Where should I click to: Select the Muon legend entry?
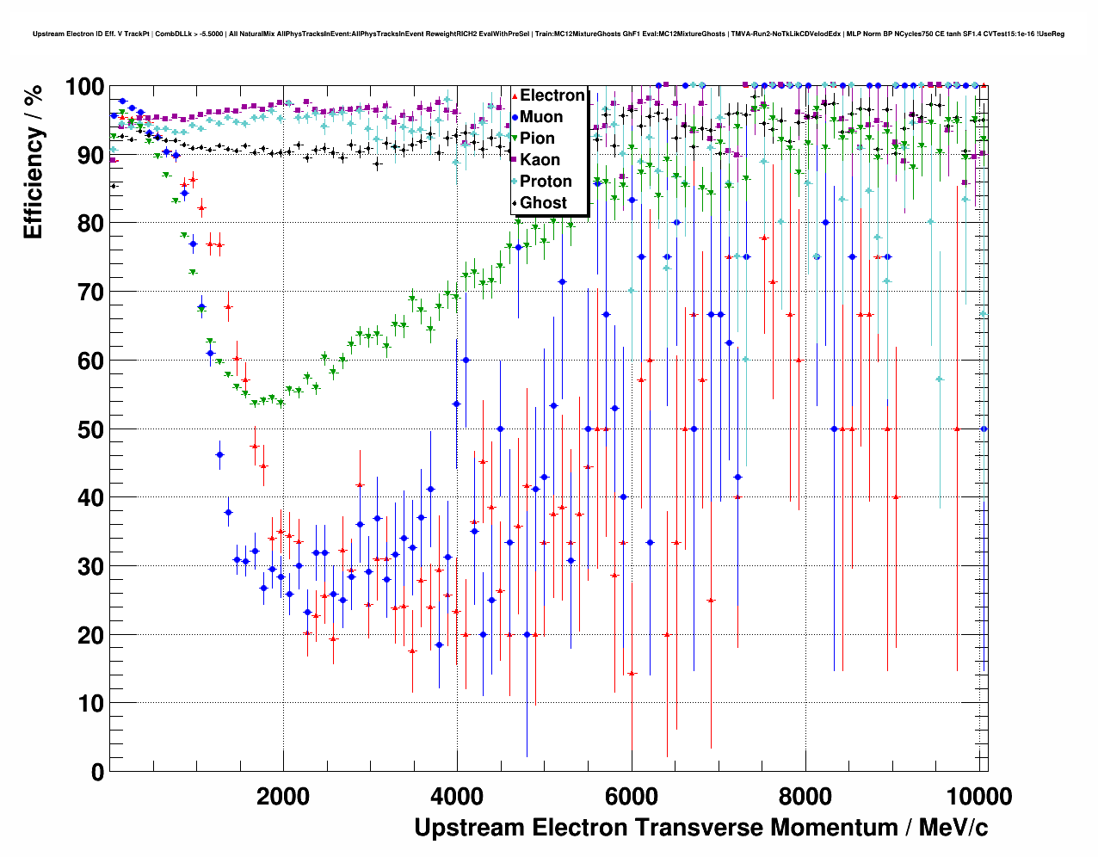point(541,117)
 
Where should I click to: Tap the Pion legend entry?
point(537,139)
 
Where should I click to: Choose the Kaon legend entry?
point(540,160)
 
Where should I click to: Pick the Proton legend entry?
point(546,182)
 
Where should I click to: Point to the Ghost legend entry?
point(543,203)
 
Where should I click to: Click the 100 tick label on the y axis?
point(84,87)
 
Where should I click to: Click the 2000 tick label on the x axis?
point(283,796)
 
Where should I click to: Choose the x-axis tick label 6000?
point(632,796)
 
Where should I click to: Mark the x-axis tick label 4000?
point(457,796)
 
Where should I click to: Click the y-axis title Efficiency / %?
point(34,162)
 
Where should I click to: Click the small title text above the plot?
point(548,34)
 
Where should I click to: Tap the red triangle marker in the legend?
point(515,96)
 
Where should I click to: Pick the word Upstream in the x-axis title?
point(469,828)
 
